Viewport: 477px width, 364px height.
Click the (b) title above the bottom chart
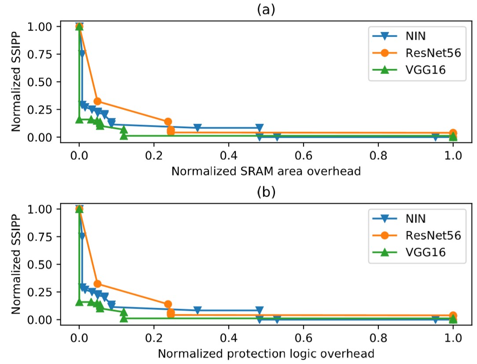pyautogui.click(x=266, y=193)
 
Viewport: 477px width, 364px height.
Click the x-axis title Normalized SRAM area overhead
pyautogui.click(x=266, y=171)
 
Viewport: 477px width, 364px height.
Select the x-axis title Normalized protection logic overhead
pyautogui.click(x=266, y=353)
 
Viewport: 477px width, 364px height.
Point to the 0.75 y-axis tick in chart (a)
pyautogui.click(x=43, y=54)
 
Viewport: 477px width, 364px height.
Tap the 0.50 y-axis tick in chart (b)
pyautogui.click(x=43, y=264)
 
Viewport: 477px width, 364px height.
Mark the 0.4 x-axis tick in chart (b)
pyautogui.click(x=228, y=339)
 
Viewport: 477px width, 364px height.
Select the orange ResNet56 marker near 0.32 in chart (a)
pyautogui.click(x=98, y=101)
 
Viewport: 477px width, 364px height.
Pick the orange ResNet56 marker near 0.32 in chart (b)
pyautogui.click(x=98, y=284)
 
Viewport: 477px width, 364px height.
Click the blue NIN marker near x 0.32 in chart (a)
pyautogui.click(x=198, y=128)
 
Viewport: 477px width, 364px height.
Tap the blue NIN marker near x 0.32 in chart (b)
pyautogui.click(x=198, y=310)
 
